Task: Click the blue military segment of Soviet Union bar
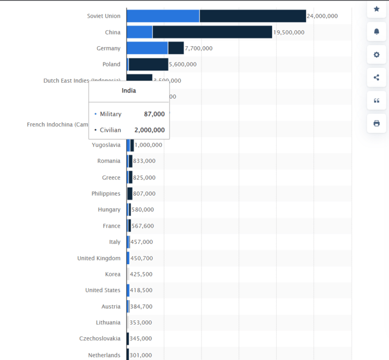(x=163, y=16)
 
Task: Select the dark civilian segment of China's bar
(x=212, y=32)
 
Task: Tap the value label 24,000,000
(x=322, y=16)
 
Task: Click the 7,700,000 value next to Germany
(x=199, y=49)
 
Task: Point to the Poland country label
(x=111, y=64)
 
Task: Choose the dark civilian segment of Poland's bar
(x=148, y=64)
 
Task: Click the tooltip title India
(x=129, y=91)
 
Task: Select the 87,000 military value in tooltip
(x=154, y=114)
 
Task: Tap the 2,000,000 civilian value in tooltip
(x=149, y=130)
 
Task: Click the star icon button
(x=376, y=9)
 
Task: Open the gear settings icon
(x=376, y=55)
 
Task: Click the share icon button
(x=376, y=78)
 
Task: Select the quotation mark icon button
(x=376, y=100)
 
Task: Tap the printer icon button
(x=376, y=123)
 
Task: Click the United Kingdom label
(x=99, y=258)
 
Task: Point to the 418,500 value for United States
(x=141, y=291)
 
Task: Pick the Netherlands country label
(x=104, y=355)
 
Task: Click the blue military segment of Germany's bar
(x=147, y=49)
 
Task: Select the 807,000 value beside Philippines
(x=144, y=194)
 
